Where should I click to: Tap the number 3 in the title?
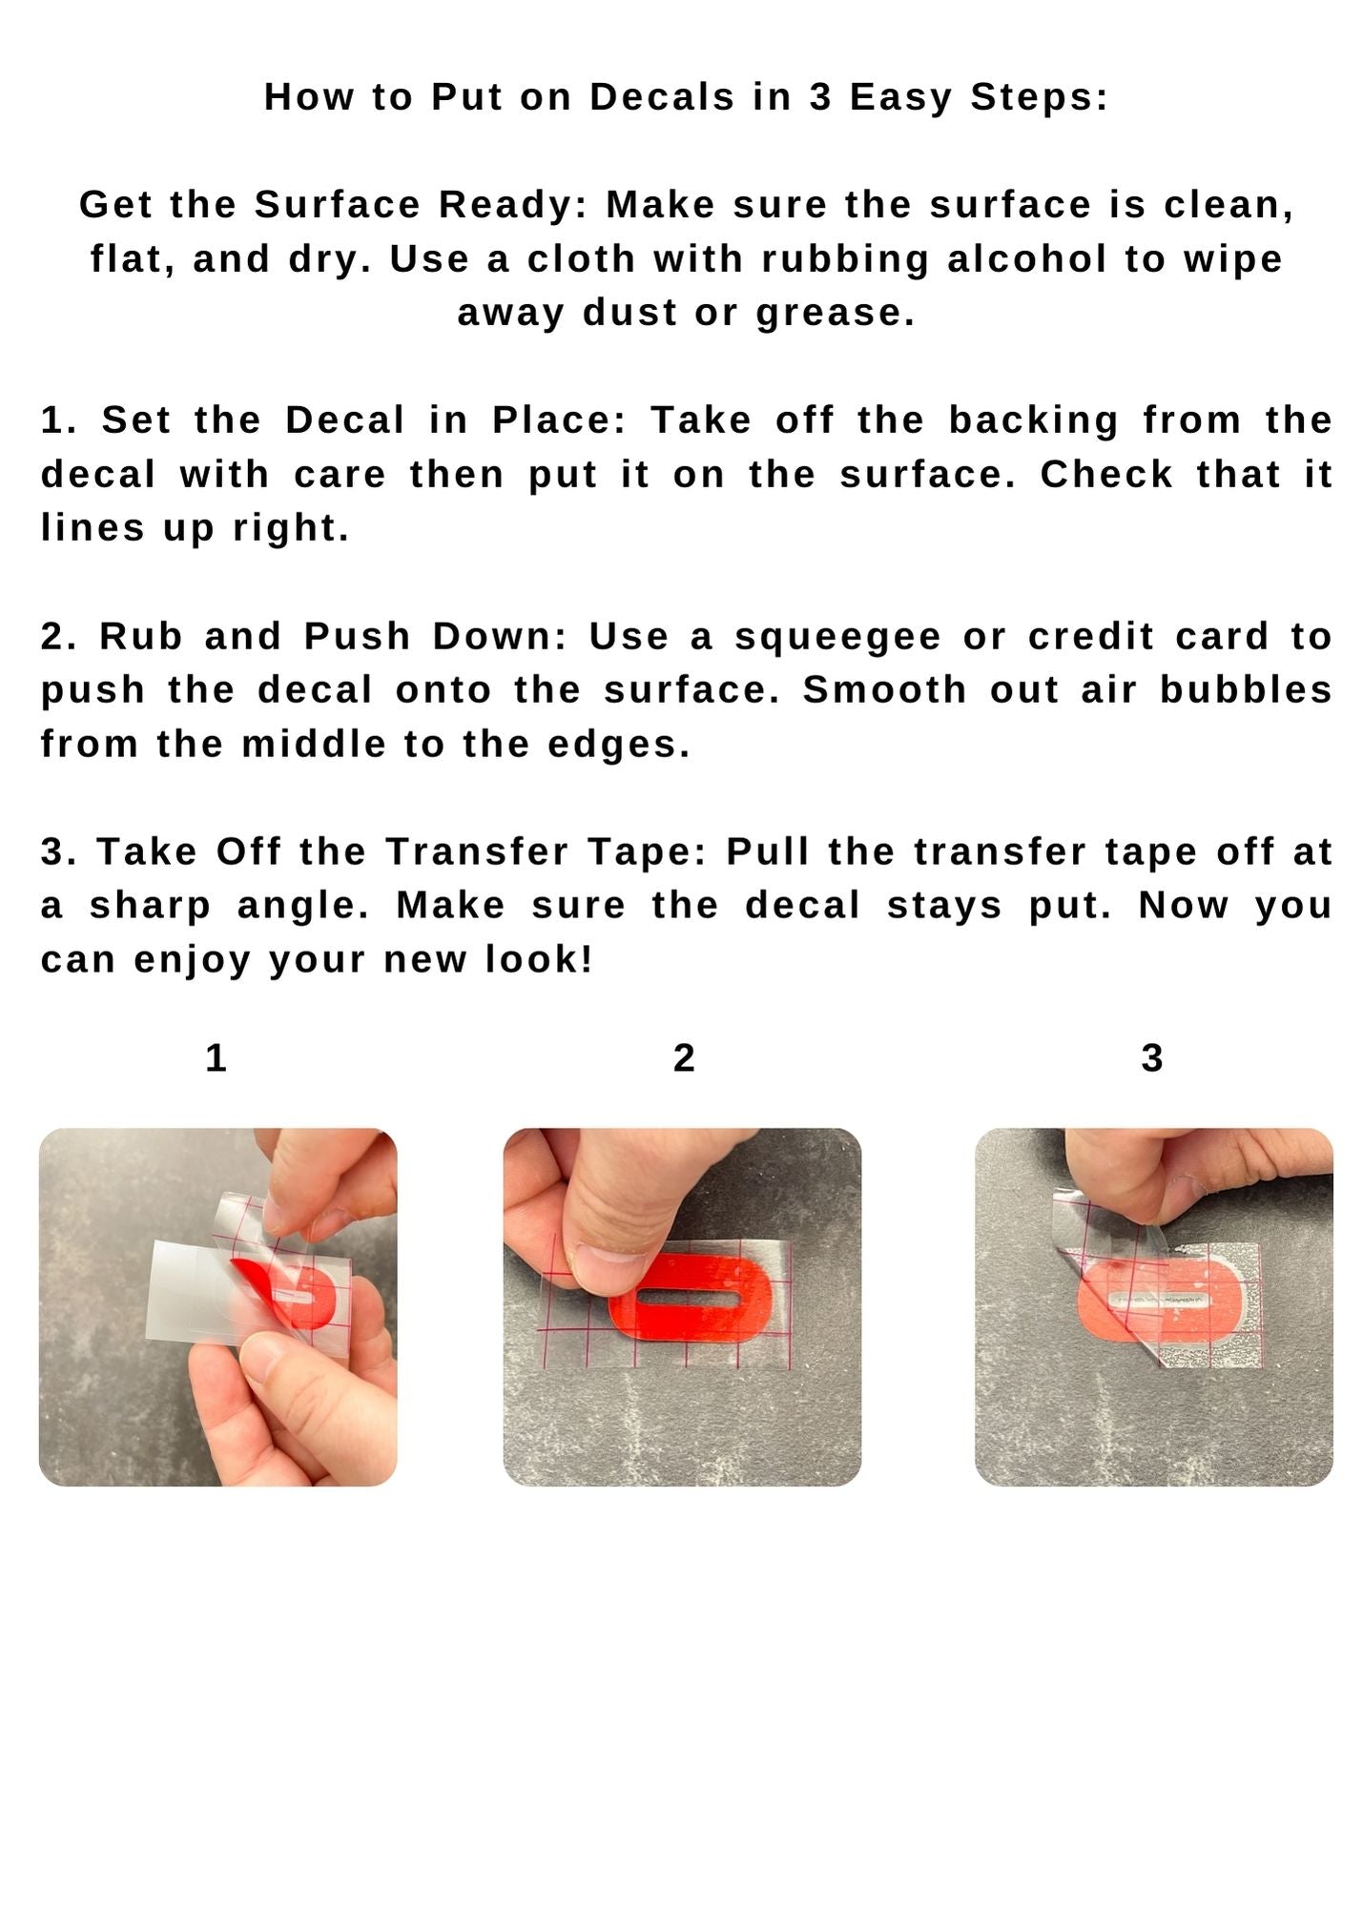[x=820, y=97]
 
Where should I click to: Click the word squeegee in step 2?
[x=837, y=638]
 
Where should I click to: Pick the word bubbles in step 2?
[x=1246, y=690]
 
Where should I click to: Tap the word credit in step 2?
[x=1091, y=637]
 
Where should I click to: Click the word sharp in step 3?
[x=150, y=907]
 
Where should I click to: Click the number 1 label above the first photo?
[x=216, y=1058]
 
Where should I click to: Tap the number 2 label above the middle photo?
[x=684, y=1058]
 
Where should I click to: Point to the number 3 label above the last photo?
[x=1152, y=1058]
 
